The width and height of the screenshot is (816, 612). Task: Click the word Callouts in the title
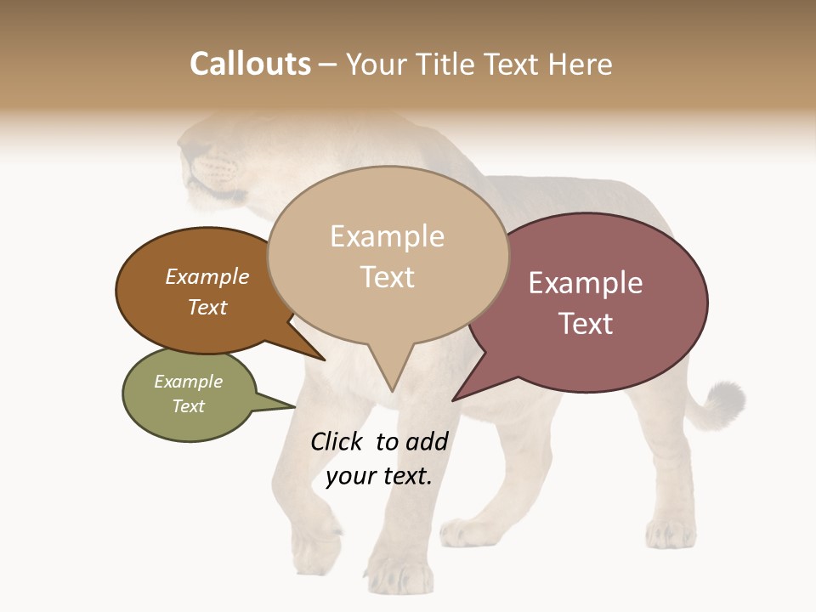pyautogui.click(x=250, y=64)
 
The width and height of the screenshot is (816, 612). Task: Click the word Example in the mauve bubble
pyautogui.click(x=586, y=283)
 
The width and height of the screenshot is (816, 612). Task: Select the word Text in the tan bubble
pyautogui.click(x=388, y=277)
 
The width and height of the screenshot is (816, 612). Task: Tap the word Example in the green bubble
pyautogui.click(x=189, y=382)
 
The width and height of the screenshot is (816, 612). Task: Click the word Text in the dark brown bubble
pyautogui.click(x=207, y=307)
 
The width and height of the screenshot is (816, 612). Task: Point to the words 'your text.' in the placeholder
pyautogui.click(x=379, y=476)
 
